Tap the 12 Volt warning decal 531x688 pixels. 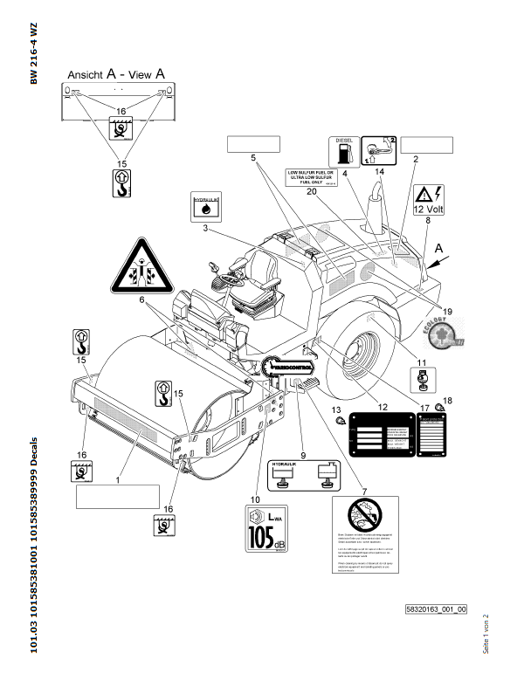tap(429, 201)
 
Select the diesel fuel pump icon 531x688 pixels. tap(341, 152)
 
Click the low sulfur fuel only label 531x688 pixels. tap(310, 177)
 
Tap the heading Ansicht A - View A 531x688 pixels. tap(117, 75)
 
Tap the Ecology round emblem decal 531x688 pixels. tap(448, 335)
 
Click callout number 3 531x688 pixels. tap(204, 228)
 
